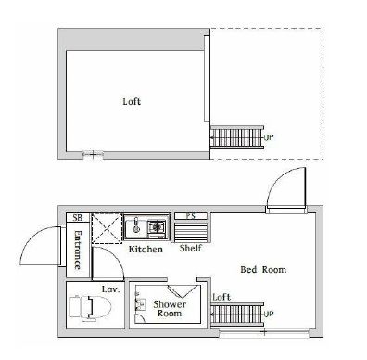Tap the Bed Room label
[x=263, y=270]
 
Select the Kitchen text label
[x=146, y=250]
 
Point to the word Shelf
[x=192, y=249]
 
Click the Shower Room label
[x=171, y=308]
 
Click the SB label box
[x=77, y=218]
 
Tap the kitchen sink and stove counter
[x=146, y=226]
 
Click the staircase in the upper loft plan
[x=238, y=138]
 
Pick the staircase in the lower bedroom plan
[x=238, y=315]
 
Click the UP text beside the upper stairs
[x=270, y=138]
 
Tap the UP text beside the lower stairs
[x=270, y=315]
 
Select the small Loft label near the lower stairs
[x=221, y=297]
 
